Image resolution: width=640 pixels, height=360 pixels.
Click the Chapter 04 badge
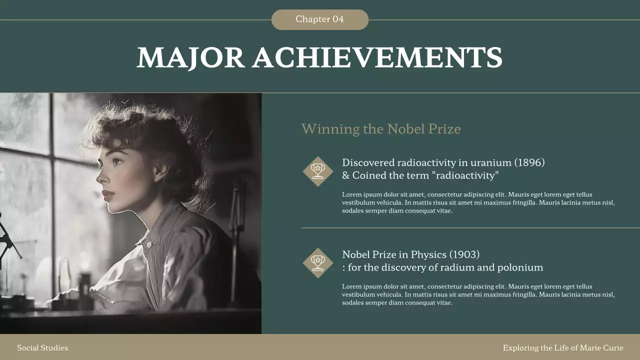tap(320, 19)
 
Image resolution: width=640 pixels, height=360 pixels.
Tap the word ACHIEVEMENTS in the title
tap(377, 57)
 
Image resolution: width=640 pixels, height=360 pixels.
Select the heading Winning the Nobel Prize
tap(380, 129)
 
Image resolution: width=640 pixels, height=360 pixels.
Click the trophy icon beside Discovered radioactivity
tap(317, 171)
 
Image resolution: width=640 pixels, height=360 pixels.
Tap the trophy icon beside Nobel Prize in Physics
tap(317, 262)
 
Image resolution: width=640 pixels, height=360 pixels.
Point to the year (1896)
tap(529, 162)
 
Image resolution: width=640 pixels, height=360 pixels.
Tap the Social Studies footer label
tap(42, 347)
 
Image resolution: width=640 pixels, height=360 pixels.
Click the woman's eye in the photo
tap(117, 161)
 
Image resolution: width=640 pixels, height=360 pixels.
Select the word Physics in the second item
tap(428, 254)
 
